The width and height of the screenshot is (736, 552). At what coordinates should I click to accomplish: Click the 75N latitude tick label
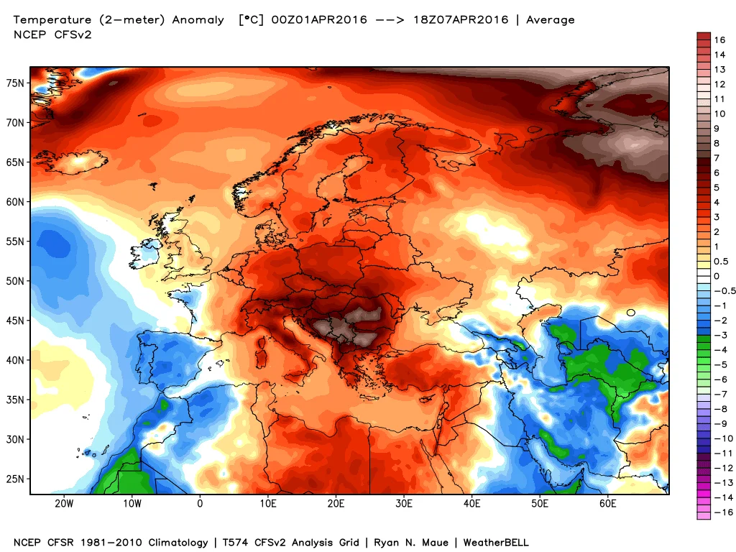click(x=16, y=83)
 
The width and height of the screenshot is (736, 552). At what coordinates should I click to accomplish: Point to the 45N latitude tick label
click(x=16, y=320)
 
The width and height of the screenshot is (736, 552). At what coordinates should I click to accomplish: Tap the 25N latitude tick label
click(x=16, y=479)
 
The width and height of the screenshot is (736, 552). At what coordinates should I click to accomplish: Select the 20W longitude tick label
click(x=64, y=503)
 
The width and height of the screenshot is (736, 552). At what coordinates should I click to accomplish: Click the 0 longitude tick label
click(x=200, y=503)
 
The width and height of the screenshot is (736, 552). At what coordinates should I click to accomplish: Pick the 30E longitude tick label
click(x=404, y=503)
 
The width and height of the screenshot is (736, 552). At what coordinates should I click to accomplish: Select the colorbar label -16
click(x=719, y=512)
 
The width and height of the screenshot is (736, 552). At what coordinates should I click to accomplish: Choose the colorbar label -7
click(x=719, y=394)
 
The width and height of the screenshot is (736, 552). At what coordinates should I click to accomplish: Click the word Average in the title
click(x=551, y=20)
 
